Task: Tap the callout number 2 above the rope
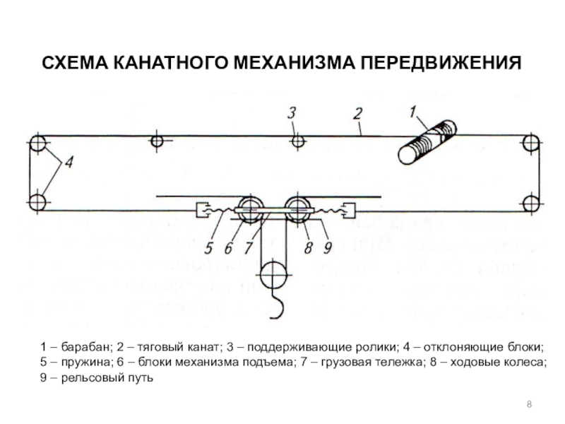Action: (x=358, y=113)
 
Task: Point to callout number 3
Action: (x=291, y=112)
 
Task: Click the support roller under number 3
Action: (x=299, y=142)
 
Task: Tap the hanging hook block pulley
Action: (x=272, y=272)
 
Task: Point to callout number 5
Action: (x=208, y=248)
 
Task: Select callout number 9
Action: (x=327, y=248)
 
